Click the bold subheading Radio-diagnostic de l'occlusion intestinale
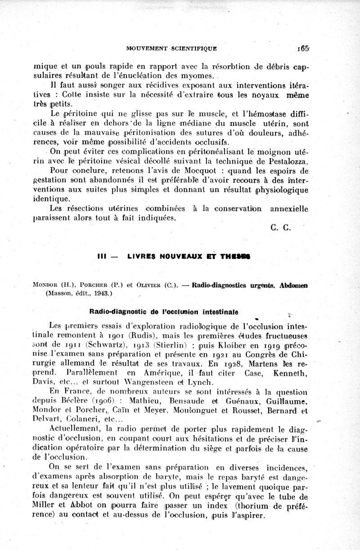tap(164, 311)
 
